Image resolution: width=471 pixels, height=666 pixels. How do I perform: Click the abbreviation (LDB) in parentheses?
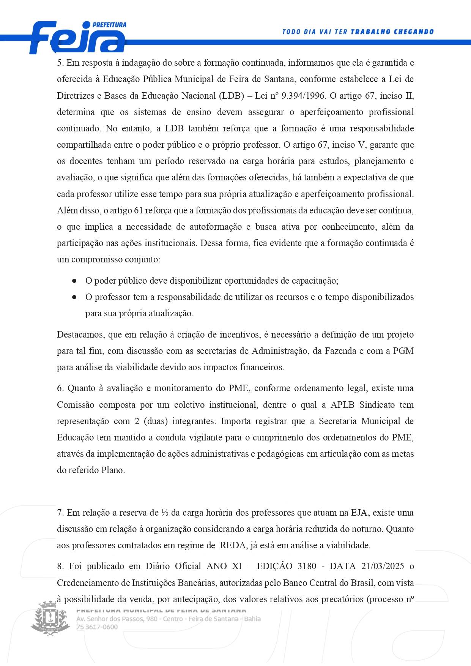(231, 96)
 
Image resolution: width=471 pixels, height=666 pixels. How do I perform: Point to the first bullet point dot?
(74, 281)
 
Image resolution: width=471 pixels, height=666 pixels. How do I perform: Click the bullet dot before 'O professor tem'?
(74, 297)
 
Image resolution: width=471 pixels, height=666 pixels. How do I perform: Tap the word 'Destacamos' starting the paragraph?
(80, 335)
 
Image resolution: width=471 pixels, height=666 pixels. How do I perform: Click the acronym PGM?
(403, 351)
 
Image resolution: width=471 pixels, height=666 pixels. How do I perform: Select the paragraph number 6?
(60, 388)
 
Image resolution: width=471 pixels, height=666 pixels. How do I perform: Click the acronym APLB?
(342, 405)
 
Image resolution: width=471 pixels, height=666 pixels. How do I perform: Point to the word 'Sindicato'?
(377, 405)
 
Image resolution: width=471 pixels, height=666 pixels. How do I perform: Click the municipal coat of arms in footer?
(50, 618)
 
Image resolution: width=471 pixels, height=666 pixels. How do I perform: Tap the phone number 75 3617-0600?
(97, 627)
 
